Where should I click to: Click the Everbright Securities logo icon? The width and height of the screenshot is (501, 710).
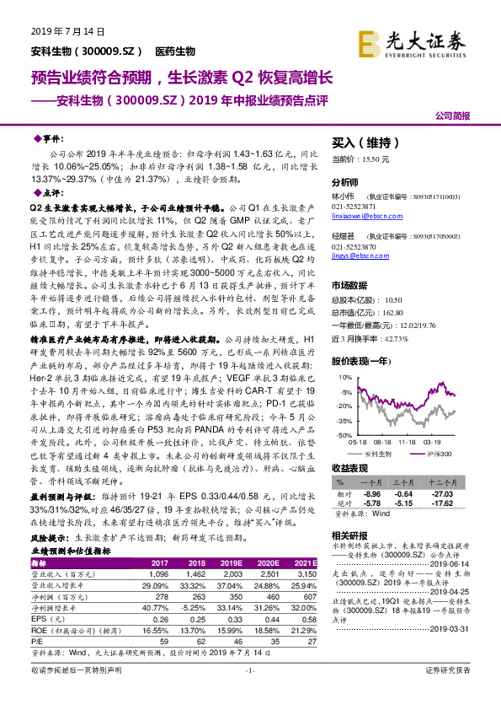pyautogui.click(x=368, y=41)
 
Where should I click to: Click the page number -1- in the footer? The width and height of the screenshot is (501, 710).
pyautogui.click(x=250, y=694)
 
